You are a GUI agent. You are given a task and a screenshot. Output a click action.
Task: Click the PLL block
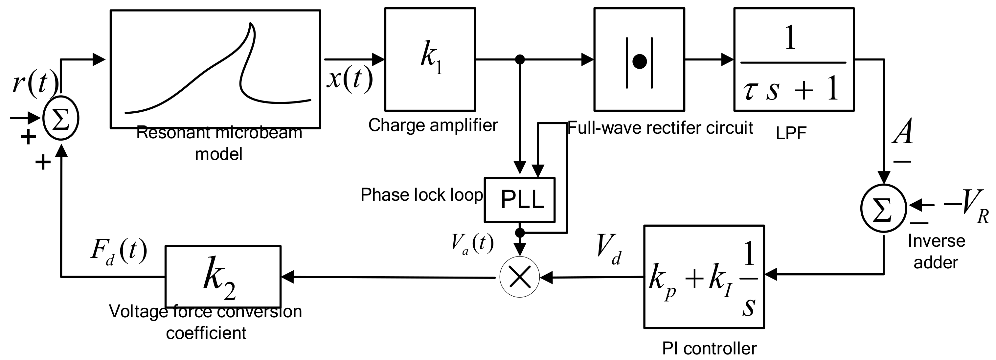pyautogui.click(x=519, y=200)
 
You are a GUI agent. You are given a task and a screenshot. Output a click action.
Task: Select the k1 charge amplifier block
pyautogui.click(x=430, y=59)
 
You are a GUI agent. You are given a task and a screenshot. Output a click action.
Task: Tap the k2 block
pyautogui.click(x=223, y=276)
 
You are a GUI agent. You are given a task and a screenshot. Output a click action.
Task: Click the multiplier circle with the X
pyautogui.click(x=519, y=277)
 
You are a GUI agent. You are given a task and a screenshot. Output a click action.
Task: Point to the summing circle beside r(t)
pyautogui.click(x=61, y=118)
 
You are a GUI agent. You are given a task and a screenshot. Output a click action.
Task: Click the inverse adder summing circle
pyautogui.click(x=883, y=208)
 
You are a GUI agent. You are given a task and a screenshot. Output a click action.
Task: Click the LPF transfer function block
pyautogui.click(x=793, y=59)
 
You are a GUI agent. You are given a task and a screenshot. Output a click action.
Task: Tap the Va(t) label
pyautogui.click(x=472, y=244)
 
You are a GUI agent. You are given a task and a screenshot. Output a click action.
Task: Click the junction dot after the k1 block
pyautogui.click(x=520, y=59)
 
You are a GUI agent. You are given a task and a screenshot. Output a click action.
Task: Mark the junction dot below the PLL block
pyautogui.click(x=520, y=233)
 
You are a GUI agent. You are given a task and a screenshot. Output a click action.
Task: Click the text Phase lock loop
pyautogui.click(x=421, y=195)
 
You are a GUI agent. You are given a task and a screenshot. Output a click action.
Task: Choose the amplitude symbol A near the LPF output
pyautogui.click(x=902, y=131)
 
